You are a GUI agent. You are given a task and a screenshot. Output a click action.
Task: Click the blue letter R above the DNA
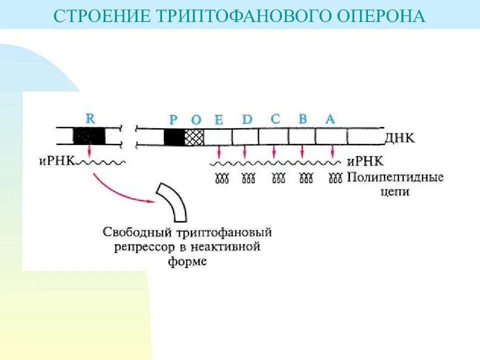90,118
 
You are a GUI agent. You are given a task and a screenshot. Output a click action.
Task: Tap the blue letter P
173,120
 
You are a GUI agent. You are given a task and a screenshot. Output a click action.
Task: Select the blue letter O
196,120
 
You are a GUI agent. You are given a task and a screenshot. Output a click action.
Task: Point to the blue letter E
218,120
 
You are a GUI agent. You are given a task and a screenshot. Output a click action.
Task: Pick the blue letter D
247,119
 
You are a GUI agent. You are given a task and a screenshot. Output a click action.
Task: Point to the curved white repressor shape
173,202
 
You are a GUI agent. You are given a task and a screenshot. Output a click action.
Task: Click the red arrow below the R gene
89,150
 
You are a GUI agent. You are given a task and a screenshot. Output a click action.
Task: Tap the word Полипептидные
395,177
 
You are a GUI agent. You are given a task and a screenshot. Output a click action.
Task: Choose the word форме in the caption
187,261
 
